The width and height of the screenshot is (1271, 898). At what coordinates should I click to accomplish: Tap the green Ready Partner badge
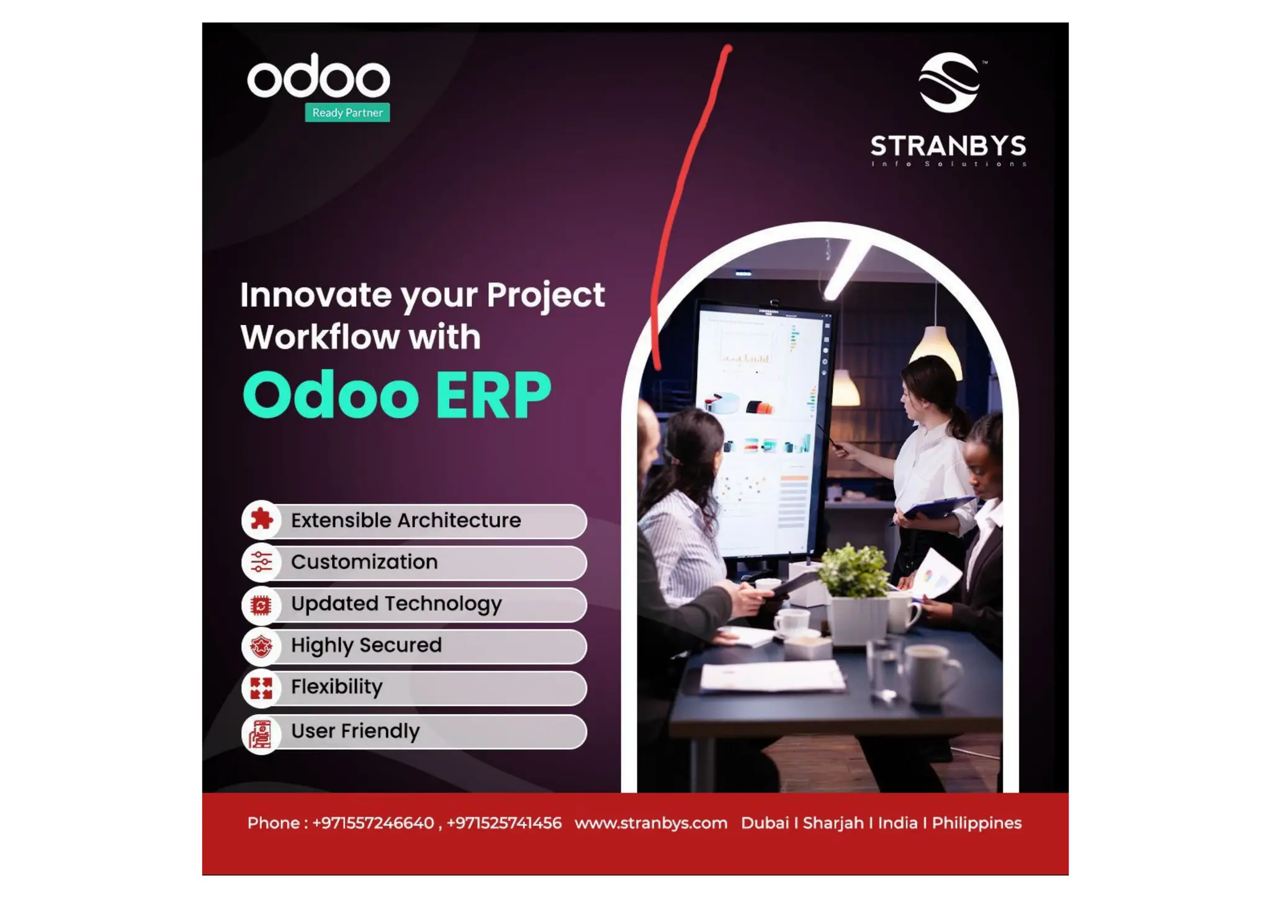pyautogui.click(x=347, y=112)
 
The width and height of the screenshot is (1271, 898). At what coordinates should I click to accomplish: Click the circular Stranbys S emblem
pyautogui.click(x=948, y=83)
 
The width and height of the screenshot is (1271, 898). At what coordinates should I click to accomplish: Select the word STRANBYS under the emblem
pyautogui.click(x=948, y=146)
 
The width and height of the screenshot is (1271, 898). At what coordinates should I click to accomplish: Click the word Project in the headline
pyautogui.click(x=545, y=295)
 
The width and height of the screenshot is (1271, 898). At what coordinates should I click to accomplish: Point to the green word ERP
pyautogui.click(x=493, y=395)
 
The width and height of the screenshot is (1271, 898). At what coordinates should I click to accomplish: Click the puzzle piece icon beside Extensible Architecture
pyautogui.click(x=261, y=519)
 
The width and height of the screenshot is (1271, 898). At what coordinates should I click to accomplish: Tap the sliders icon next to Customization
pyautogui.click(x=261, y=562)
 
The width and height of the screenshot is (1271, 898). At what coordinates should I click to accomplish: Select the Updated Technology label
pyautogui.click(x=396, y=604)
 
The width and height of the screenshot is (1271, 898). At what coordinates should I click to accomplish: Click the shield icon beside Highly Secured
pyautogui.click(x=261, y=646)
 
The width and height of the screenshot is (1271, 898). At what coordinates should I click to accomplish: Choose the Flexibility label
pyautogui.click(x=336, y=687)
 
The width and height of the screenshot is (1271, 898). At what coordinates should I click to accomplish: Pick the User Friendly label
pyautogui.click(x=355, y=731)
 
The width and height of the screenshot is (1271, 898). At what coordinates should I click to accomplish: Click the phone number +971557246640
pyautogui.click(x=373, y=823)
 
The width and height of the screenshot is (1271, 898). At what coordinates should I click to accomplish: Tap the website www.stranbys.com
pyautogui.click(x=650, y=823)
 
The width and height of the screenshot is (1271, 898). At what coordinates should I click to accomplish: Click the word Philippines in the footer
pyautogui.click(x=976, y=823)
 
